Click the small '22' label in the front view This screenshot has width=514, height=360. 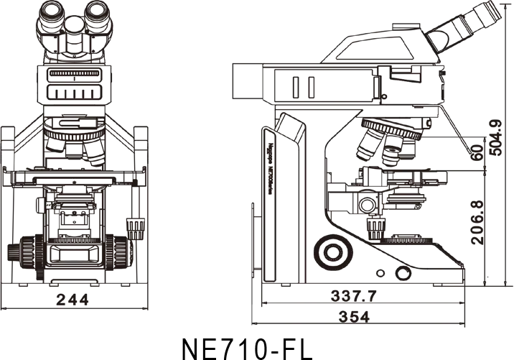pos(49,205)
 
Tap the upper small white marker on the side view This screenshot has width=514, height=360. pos(377,197)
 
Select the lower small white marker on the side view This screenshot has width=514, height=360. pos(377,208)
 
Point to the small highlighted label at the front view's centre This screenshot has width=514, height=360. pos(75,181)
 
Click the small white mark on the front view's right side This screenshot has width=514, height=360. pos(118,183)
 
